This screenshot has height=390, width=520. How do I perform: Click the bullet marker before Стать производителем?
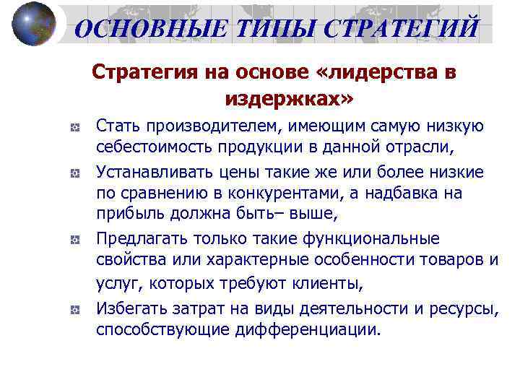coord(74,127)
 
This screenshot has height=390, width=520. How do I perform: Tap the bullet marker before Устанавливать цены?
coord(74,173)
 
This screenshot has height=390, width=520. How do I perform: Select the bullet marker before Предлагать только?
coord(74,239)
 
